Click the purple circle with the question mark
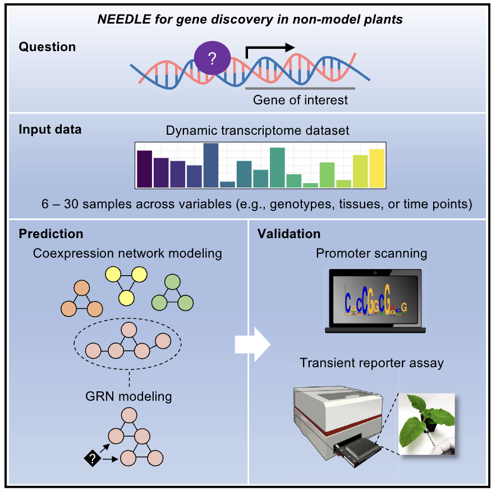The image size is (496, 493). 212,58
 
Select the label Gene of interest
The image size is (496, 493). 300,100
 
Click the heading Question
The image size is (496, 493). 47,47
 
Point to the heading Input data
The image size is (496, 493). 50,130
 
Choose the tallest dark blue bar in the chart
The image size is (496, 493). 210,165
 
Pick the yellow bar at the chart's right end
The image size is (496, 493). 377,168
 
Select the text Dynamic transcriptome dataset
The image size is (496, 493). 258,131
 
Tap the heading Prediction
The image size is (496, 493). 51,234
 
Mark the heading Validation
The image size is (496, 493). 289,234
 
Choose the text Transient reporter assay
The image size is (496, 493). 371,363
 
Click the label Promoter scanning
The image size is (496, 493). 371,253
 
